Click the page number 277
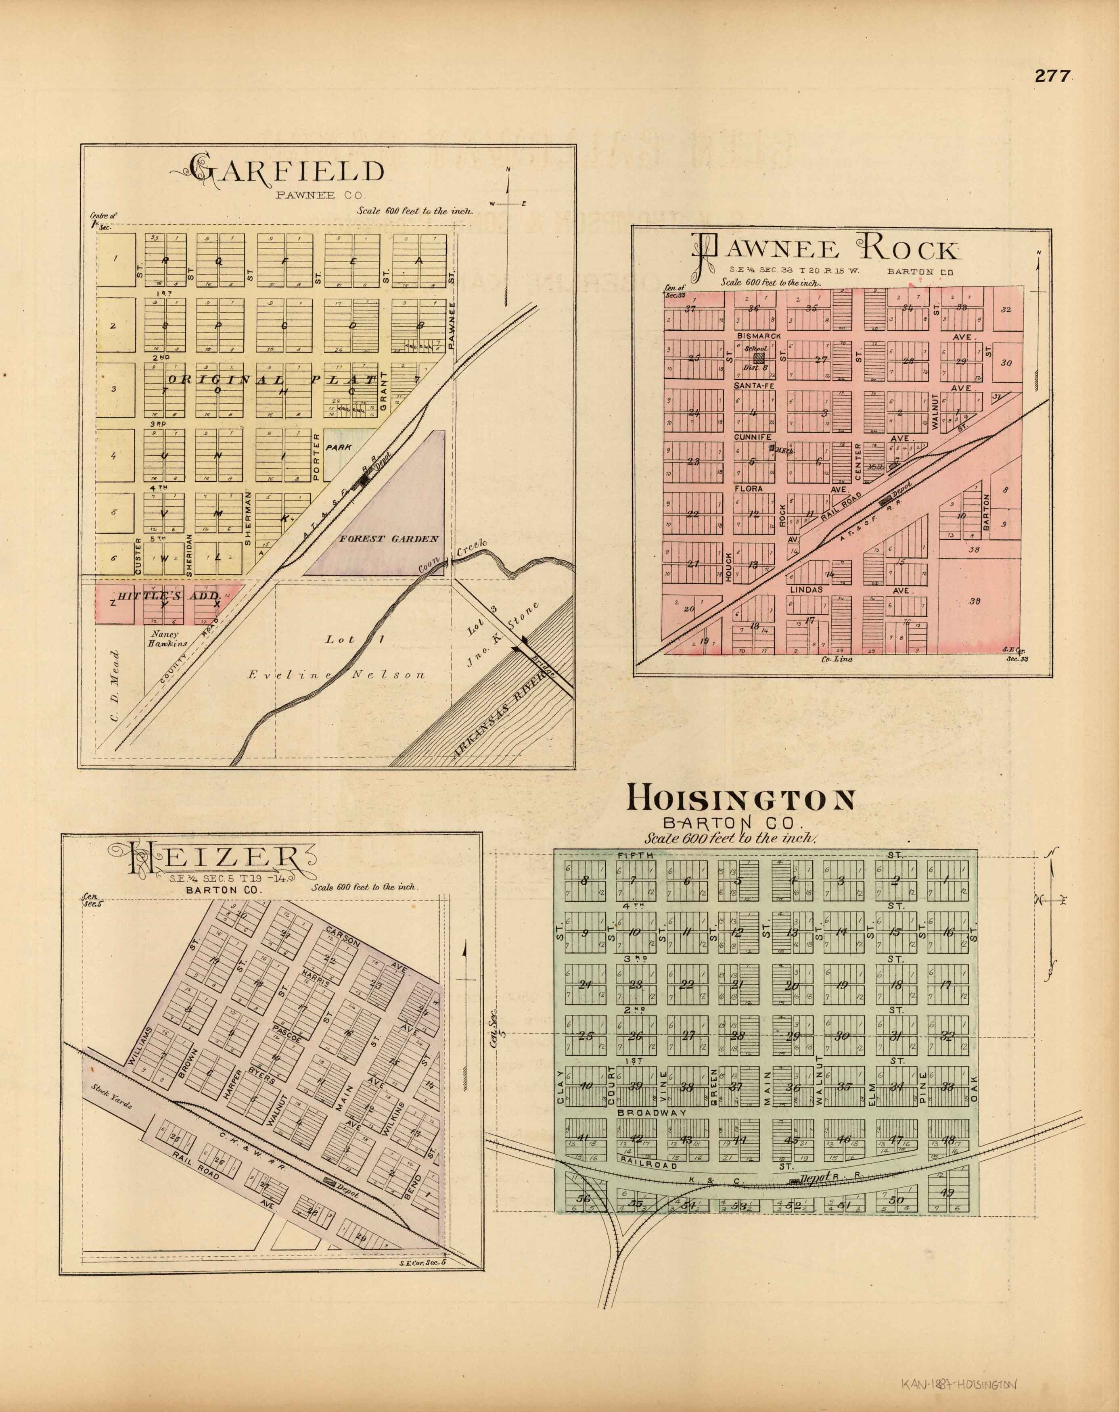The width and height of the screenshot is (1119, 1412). [1052, 76]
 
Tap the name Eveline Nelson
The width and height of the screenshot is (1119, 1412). [336, 675]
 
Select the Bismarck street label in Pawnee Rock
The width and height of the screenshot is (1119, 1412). [758, 336]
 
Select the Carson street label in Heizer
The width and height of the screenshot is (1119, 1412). [343, 938]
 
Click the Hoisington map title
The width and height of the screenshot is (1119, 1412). [741, 799]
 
